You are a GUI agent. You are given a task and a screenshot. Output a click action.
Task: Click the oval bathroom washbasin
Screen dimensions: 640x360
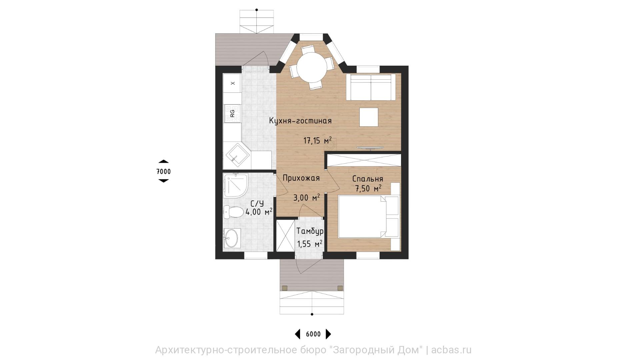tap(232, 238)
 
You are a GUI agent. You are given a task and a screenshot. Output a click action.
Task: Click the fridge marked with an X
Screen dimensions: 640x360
tap(232, 83)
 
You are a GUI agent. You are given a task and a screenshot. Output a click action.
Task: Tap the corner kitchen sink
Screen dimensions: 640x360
tap(238, 155)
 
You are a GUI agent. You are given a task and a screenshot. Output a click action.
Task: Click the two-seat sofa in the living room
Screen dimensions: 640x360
tap(371, 87)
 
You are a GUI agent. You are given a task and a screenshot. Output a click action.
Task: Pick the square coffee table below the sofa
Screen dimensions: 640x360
tap(369, 117)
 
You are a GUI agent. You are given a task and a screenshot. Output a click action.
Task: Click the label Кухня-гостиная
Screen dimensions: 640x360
tap(300, 121)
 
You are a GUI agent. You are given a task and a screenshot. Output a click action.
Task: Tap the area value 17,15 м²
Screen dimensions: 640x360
tap(317, 140)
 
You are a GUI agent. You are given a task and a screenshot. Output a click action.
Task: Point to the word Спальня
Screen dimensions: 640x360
tap(368, 179)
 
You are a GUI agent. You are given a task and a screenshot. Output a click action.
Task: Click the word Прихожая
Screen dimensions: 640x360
tap(301, 178)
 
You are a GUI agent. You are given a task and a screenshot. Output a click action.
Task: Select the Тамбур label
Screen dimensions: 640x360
tap(310, 231)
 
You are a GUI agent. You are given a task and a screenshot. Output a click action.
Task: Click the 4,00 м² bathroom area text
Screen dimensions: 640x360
tap(259, 211)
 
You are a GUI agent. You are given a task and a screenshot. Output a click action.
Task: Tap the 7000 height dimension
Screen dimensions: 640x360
tap(163, 172)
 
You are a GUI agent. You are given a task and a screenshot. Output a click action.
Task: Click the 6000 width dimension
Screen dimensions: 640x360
tap(313, 334)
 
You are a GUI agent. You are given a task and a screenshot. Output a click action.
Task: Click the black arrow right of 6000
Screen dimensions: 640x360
tap(328, 334)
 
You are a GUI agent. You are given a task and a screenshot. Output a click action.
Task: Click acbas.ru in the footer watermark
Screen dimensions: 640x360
tap(452, 350)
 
